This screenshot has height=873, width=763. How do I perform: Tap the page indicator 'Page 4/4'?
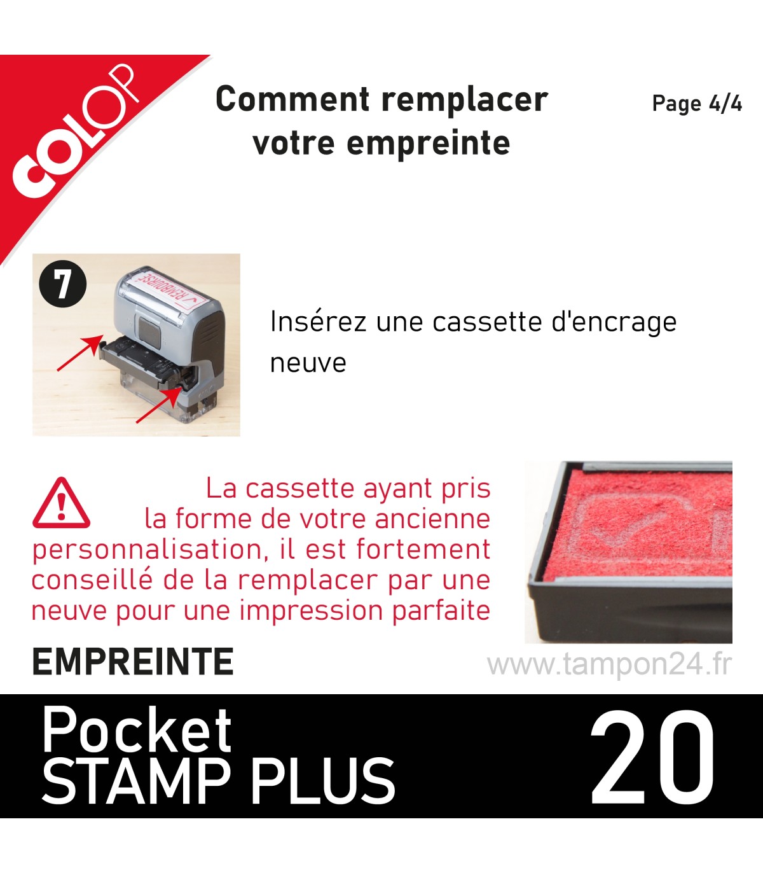tap(697, 104)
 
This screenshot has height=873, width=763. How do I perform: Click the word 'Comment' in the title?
tap(292, 99)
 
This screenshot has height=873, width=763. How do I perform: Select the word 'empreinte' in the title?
tap(429, 143)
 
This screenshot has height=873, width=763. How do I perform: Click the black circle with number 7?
tap(63, 284)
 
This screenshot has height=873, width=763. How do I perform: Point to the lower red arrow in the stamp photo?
tap(158, 405)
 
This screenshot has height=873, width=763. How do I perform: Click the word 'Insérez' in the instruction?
tap(319, 322)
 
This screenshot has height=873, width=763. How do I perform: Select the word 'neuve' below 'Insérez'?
tap(308, 364)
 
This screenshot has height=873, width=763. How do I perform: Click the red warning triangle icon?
tap(62, 503)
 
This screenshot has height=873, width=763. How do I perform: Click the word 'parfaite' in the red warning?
tap(441, 610)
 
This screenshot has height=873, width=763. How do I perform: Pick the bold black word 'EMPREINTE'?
tap(133, 662)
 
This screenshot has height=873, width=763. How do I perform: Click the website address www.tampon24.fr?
tap(610, 664)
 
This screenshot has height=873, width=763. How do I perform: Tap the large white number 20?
tap(652, 757)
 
